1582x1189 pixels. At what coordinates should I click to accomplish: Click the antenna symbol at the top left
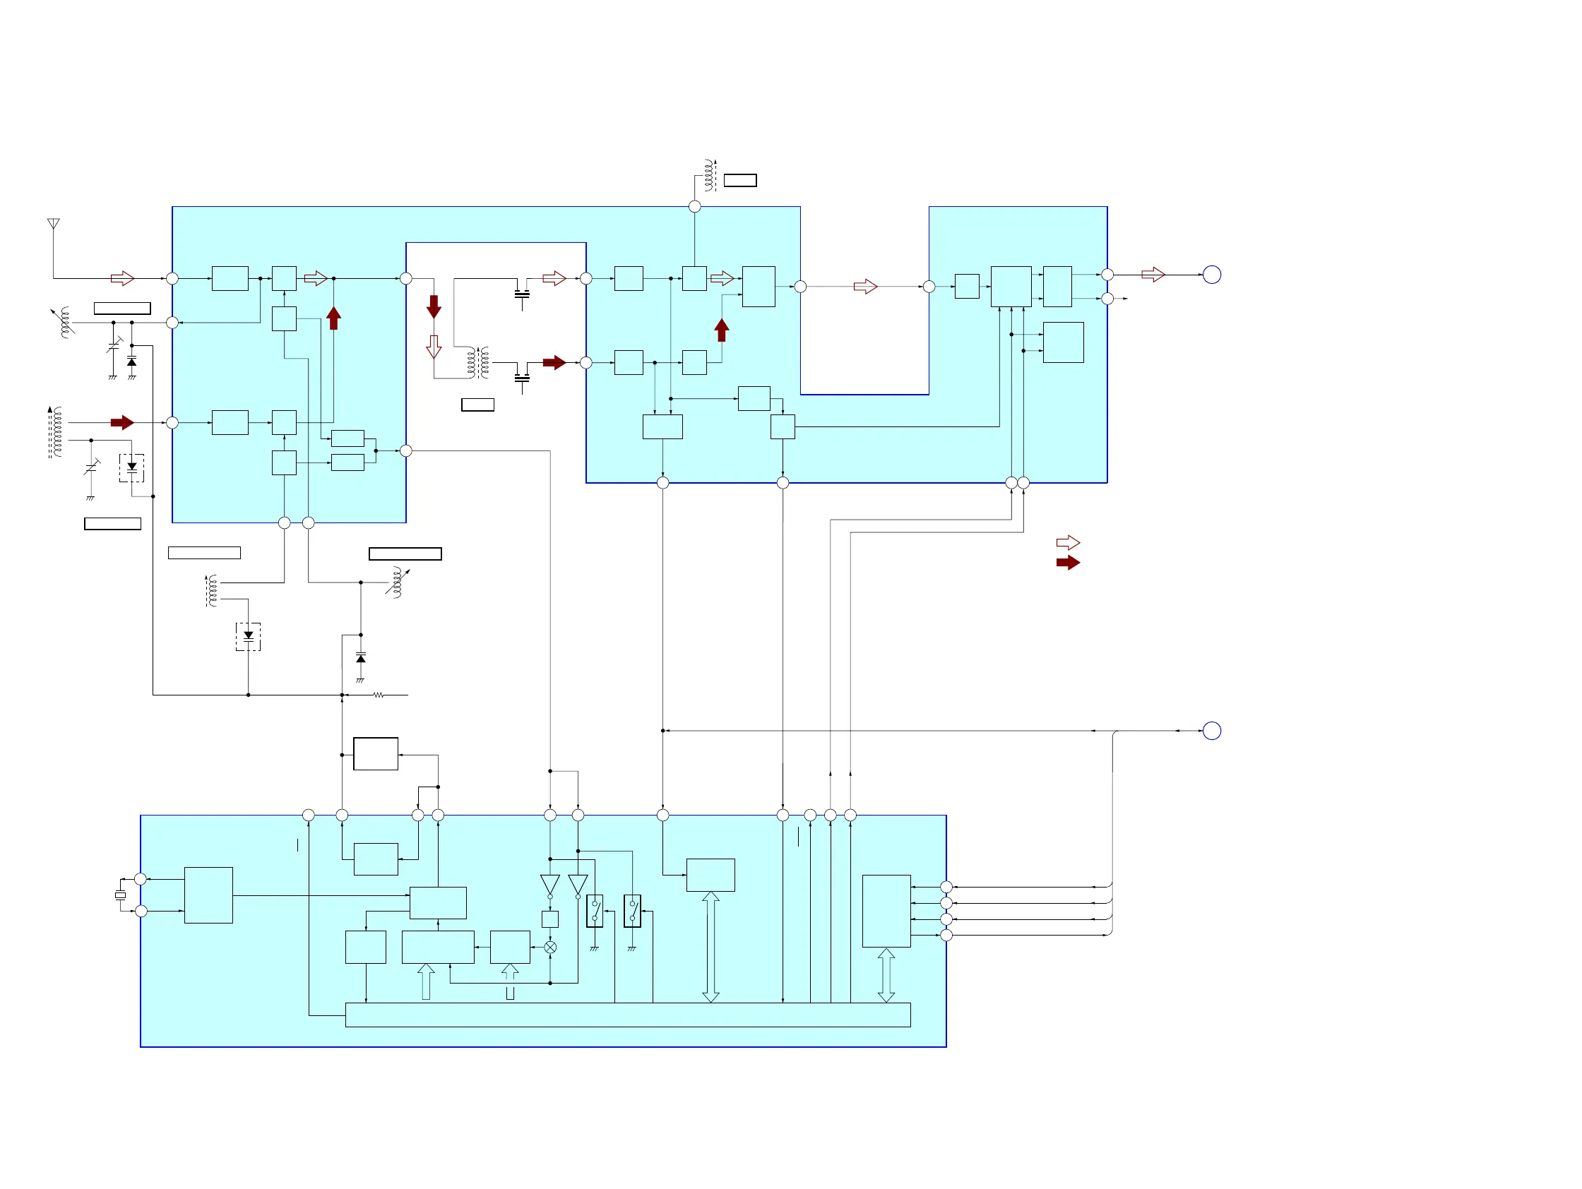pyautogui.click(x=54, y=225)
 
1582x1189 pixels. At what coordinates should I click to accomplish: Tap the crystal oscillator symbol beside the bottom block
pyautogui.click(x=120, y=895)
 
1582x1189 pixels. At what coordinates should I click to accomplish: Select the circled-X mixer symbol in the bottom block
pyautogui.click(x=550, y=948)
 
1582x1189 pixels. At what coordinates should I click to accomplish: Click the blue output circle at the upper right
pyautogui.click(x=1211, y=275)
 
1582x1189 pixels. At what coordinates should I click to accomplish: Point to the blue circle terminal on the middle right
pyautogui.click(x=1211, y=731)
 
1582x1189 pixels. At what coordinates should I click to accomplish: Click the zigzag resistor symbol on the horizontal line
pyautogui.click(x=379, y=695)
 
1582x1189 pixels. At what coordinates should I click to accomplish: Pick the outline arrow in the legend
pyautogui.click(x=1068, y=543)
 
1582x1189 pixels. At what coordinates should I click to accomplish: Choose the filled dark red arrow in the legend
pyautogui.click(x=1068, y=563)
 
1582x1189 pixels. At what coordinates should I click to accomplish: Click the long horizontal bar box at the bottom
pyautogui.click(x=627, y=1015)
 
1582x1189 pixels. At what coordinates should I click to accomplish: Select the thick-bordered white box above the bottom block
pyautogui.click(x=376, y=753)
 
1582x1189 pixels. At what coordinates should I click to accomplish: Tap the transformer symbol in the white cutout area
pyautogui.click(x=478, y=362)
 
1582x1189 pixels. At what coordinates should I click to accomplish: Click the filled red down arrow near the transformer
pyautogui.click(x=434, y=306)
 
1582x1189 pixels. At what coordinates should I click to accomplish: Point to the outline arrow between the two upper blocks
pyautogui.click(x=865, y=287)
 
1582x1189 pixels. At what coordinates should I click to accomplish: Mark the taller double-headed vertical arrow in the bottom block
pyautogui.click(x=710, y=947)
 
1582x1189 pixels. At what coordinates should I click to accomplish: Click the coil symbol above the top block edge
pyautogui.click(x=709, y=175)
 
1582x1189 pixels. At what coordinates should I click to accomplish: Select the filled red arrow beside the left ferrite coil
pyautogui.click(x=122, y=422)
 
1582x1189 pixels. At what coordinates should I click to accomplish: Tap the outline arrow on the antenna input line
pyautogui.click(x=122, y=278)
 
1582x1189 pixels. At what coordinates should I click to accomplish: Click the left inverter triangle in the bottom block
pyautogui.click(x=550, y=885)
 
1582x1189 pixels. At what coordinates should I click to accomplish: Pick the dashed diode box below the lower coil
pyautogui.click(x=248, y=636)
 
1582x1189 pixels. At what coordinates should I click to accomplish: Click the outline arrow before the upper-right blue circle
pyautogui.click(x=1153, y=275)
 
